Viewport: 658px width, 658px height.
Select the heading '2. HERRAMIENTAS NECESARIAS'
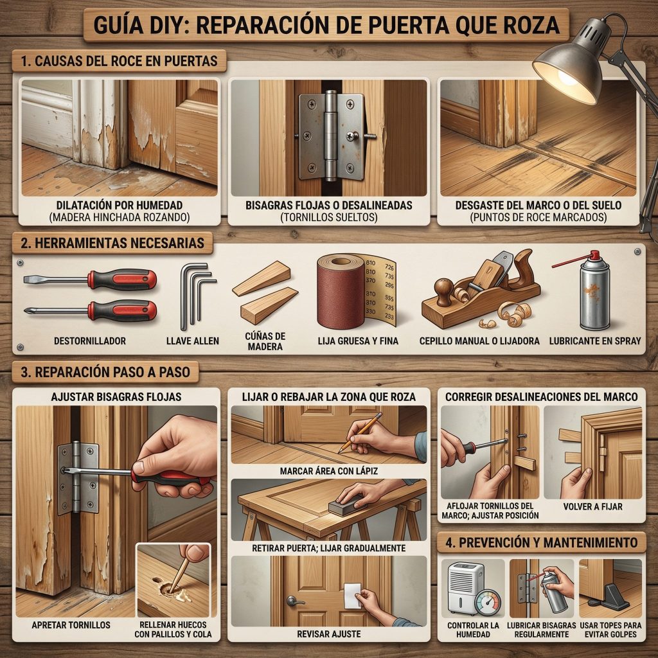point(112,243)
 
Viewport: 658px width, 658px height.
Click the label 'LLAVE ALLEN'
point(193,341)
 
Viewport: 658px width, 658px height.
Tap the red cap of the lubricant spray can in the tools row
point(594,254)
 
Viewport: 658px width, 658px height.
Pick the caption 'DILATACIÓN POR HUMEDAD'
point(120,205)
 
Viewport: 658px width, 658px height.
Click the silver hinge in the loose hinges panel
point(331,136)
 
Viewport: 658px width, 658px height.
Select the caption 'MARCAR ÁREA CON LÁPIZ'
point(329,471)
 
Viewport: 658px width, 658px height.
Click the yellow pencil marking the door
point(360,432)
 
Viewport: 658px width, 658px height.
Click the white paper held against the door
point(353,596)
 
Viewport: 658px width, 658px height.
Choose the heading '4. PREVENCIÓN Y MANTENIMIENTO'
point(542,542)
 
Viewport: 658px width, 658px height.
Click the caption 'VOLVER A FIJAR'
point(592,506)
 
